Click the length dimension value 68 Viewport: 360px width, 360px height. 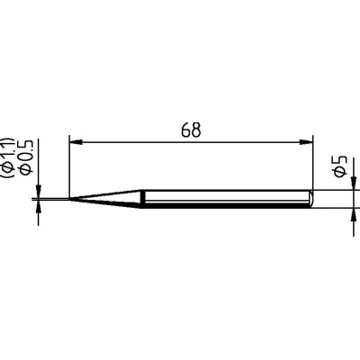[x=190, y=129]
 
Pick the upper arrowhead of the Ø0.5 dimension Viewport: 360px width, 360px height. [x=39, y=190]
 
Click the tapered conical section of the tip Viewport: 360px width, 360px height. [x=108, y=197]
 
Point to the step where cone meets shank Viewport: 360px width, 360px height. [x=142, y=198]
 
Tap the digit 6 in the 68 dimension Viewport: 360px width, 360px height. [x=184, y=129]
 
